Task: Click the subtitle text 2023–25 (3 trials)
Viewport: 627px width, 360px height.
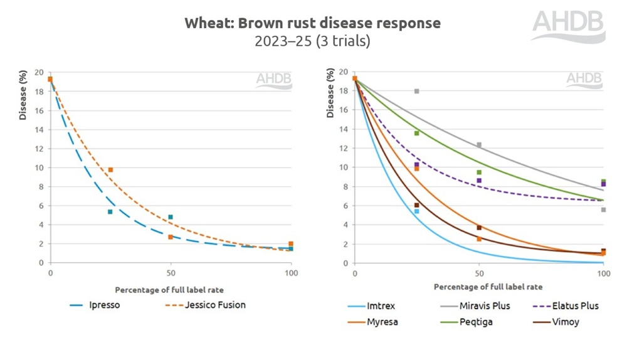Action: (312, 42)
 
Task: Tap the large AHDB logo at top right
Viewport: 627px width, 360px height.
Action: (568, 26)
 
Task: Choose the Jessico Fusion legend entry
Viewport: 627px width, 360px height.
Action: (214, 305)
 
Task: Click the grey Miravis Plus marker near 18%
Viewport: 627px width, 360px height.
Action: (416, 91)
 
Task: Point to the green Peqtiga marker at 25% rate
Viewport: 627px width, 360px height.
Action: (416, 133)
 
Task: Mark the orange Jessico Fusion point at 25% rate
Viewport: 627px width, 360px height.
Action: (110, 170)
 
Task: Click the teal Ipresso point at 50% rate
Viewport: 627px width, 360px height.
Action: (171, 217)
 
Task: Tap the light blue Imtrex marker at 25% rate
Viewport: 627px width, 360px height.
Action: (416, 211)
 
